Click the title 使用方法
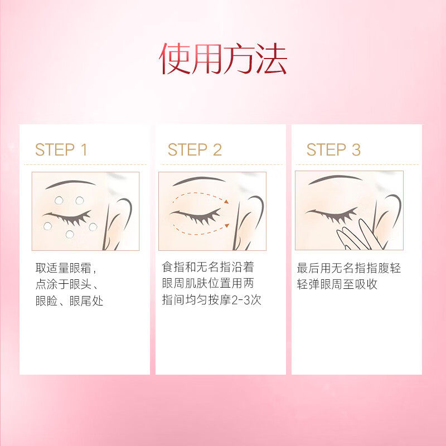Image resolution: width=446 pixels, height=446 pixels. coord(223,59)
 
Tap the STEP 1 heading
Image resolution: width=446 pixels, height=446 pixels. coord(61,149)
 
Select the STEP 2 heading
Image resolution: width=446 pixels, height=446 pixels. coord(195,149)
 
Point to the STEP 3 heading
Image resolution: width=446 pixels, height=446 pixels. coord(333,149)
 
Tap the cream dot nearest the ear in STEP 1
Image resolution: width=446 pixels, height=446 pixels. coord(93,227)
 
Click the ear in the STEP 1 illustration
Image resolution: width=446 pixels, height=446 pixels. coord(120,220)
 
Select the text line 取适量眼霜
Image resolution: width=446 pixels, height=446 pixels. coord(66,268)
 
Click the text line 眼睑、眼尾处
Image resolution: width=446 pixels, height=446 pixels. coord(69,301)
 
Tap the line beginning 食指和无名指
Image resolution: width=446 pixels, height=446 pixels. coord(207,268)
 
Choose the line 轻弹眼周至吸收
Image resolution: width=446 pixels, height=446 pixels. coord(337,284)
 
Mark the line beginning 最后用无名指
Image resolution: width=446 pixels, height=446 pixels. coord(348,268)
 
